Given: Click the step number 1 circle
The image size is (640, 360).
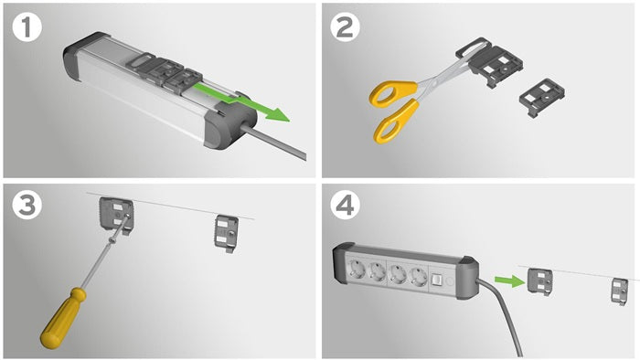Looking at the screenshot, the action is (27, 27).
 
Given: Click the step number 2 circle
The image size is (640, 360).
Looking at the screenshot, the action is (345, 27).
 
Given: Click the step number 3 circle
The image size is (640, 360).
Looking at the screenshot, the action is (27, 205).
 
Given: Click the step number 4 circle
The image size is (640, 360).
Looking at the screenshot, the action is (345, 205).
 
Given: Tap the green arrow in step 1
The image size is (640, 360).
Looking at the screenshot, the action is (240, 101).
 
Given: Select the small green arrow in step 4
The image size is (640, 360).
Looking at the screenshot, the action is (510, 281).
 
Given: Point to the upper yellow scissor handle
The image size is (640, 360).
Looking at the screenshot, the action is (392, 93).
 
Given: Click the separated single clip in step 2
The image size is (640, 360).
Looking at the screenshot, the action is (541, 98).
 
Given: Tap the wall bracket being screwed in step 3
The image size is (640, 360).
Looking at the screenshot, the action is (116, 216).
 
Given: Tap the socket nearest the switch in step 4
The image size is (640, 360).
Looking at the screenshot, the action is (419, 277).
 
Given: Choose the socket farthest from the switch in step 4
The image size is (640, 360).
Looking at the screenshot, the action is (355, 270).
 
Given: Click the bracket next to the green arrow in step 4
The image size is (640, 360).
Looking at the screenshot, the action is (539, 281).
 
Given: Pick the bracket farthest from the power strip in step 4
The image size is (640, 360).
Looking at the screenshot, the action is (620, 291).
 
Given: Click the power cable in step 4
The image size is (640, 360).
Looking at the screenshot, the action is (503, 315).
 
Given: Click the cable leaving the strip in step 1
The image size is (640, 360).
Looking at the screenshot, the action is (273, 141).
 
